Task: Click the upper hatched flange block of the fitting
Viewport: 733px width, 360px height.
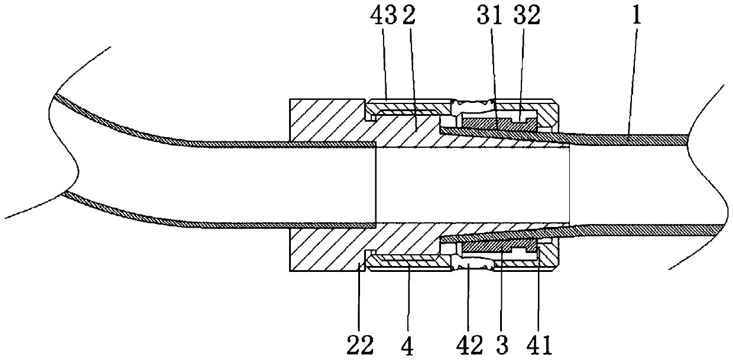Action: [325, 121]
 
